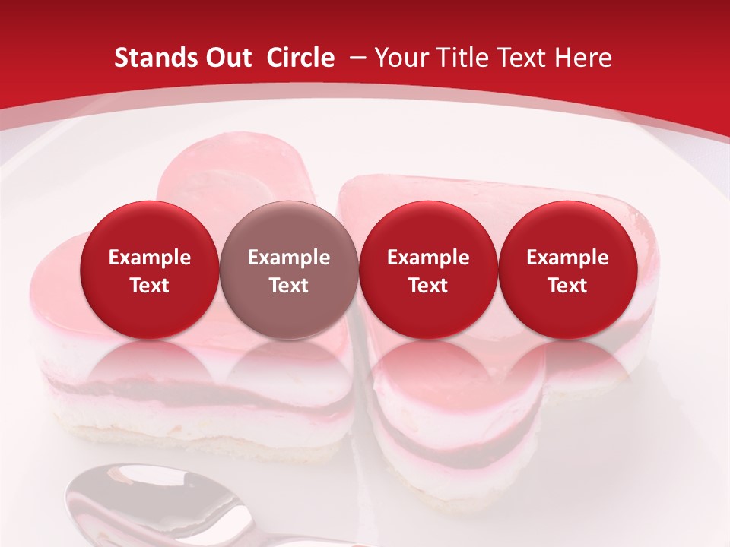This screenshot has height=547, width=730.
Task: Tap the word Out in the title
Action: coord(229,58)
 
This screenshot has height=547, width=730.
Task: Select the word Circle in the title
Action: coord(300,58)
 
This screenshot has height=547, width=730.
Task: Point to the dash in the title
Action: coord(354,58)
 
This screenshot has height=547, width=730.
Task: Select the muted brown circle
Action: coord(289,270)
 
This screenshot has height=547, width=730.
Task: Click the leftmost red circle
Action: coord(150,270)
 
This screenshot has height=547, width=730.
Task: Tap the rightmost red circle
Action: coord(567,270)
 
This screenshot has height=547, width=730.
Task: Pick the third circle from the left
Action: coord(428,270)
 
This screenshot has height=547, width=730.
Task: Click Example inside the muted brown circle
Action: coord(289,258)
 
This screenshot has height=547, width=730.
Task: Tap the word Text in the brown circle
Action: coord(289,286)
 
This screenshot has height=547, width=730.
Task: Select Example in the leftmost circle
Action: coord(150,258)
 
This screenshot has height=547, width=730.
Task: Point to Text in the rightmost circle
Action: coord(567,286)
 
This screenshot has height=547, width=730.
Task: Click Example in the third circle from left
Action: coord(428,258)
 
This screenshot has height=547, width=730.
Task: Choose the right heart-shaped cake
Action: coord(487,395)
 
